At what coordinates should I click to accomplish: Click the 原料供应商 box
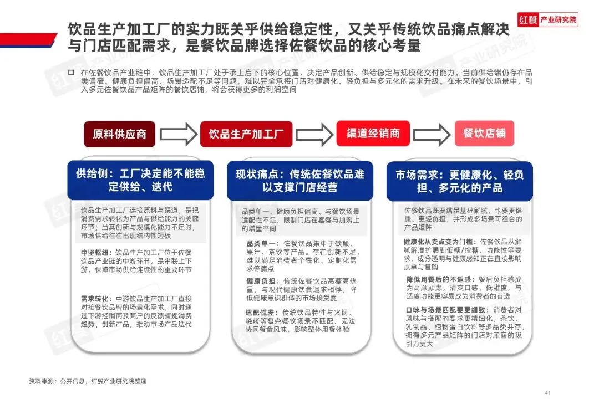tap(119, 134)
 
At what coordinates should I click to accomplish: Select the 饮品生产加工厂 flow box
tap(246, 134)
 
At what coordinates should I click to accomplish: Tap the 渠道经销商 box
tap(373, 134)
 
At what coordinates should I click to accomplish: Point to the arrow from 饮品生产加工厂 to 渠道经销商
tap(314, 134)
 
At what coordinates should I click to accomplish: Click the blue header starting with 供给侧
tap(140, 180)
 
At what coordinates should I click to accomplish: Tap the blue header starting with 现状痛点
tap(300, 181)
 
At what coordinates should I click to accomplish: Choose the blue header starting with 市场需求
tap(460, 181)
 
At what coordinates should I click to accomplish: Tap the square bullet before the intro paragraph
tap(71, 73)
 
